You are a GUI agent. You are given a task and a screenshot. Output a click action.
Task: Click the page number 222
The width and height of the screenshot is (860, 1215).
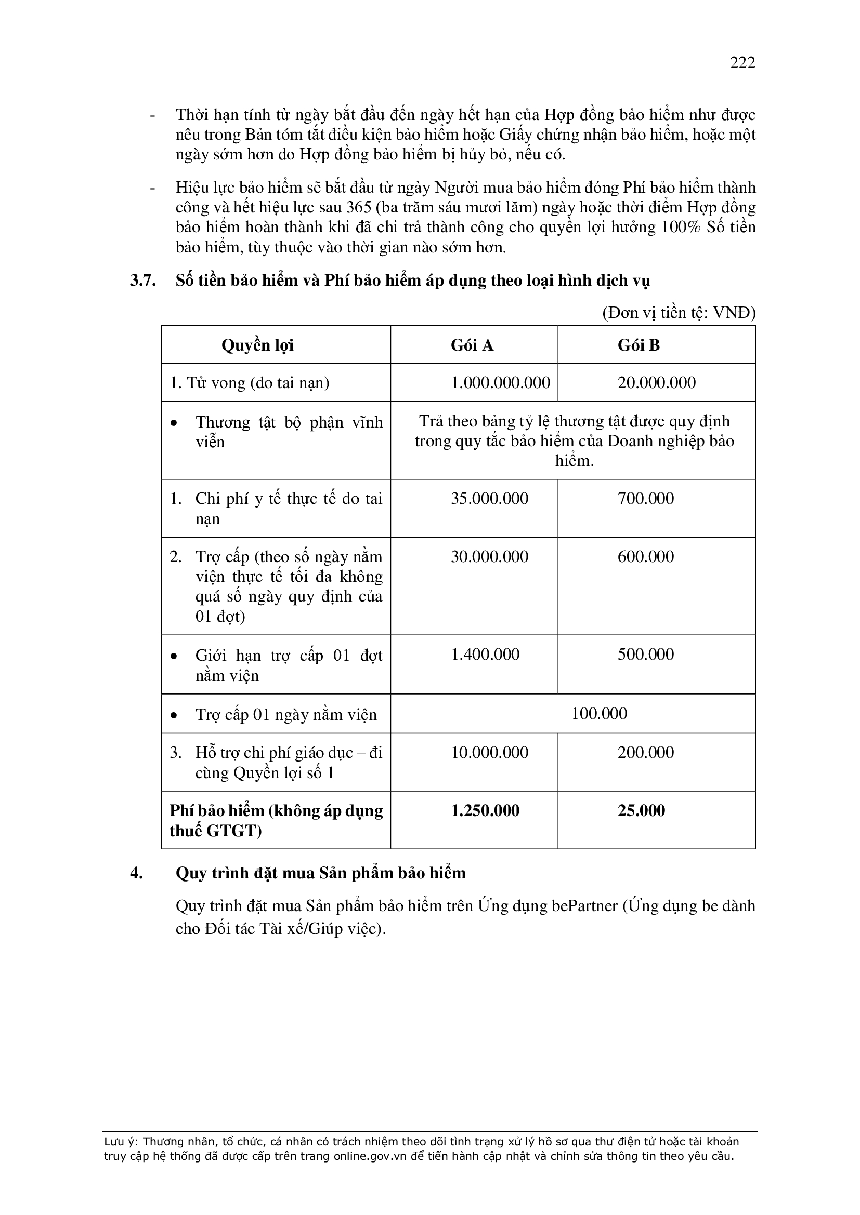[742, 63]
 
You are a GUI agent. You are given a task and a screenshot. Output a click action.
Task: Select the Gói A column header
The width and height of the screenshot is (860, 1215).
[472, 345]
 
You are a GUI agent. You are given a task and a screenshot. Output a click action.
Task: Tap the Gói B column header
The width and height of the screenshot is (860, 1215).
[639, 345]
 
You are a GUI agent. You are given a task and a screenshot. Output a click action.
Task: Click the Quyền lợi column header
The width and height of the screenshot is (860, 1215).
[257, 345]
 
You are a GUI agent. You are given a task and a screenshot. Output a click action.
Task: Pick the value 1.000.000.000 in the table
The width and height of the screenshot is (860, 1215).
[500, 383]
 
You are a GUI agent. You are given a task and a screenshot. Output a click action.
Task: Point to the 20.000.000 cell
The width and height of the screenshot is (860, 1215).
[657, 383]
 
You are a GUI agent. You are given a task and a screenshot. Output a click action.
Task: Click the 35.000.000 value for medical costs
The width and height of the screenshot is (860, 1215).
[489, 499]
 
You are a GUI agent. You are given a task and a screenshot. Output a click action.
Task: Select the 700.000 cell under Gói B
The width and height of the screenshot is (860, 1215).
[646, 499]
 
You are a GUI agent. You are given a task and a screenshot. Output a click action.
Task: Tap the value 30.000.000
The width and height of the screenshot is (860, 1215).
[489, 557]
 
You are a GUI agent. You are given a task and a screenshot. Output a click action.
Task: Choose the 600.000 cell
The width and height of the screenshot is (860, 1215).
[646, 557]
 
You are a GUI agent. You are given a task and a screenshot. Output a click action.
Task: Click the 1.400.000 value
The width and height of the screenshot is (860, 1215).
[485, 655]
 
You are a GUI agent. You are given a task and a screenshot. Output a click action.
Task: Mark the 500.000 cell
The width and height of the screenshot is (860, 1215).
[646, 655]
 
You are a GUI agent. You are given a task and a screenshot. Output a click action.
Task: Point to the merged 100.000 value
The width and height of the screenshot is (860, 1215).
[599, 714]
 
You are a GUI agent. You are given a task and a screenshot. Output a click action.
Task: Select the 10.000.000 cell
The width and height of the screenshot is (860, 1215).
[489, 753]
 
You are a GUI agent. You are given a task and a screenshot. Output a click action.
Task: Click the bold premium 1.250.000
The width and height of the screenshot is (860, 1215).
[485, 811]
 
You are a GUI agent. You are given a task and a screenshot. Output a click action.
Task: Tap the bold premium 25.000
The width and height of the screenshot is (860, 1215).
[641, 811]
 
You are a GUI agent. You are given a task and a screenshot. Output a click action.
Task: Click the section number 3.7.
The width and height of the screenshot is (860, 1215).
[143, 281]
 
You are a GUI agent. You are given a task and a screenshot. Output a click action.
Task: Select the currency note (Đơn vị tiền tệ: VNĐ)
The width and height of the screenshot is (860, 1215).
[679, 313]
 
